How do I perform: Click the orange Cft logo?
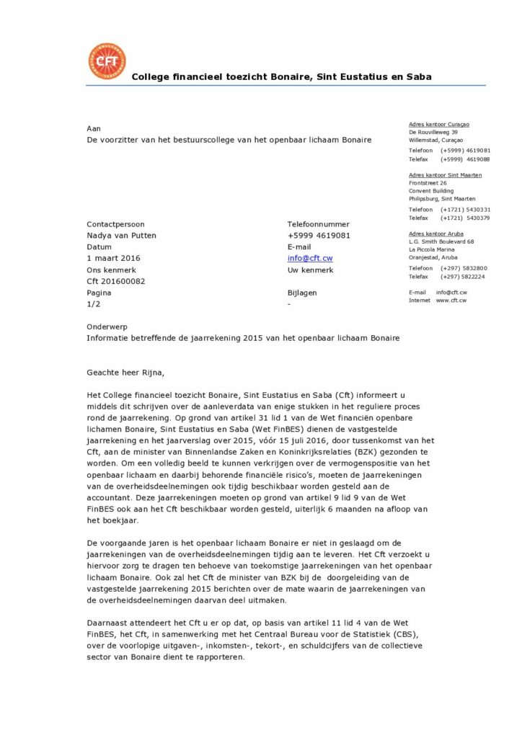tap(106, 62)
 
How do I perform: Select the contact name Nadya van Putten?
tap(121, 235)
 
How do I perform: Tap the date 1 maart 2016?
tap(113, 258)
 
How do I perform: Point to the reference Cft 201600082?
tap(116, 281)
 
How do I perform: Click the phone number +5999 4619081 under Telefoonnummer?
tap(319, 235)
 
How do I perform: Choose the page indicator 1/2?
tap(94, 304)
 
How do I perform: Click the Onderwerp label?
tap(107, 326)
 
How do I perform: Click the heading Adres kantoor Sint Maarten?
tap(446, 175)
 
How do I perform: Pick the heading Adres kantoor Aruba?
tap(435, 234)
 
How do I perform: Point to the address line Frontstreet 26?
tap(428, 183)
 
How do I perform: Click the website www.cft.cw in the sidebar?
tap(451, 300)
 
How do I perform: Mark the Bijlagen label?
tap(302, 293)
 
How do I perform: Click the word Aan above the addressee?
tap(94, 128)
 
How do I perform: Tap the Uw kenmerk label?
tap(310, 270)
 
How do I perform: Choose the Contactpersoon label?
tap(115, 223)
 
